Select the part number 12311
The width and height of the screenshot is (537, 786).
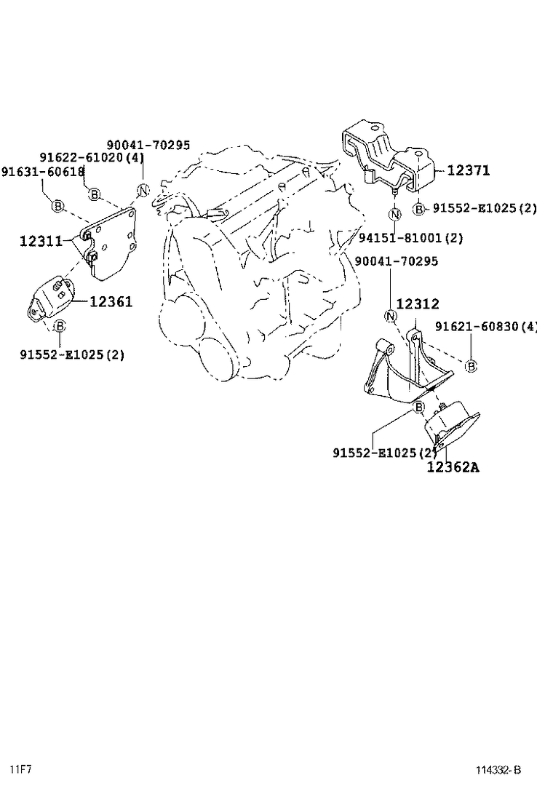[x=41, y=240]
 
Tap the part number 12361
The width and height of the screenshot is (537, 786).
[x=111, y=301]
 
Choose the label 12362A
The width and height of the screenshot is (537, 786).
[x=453, y=467]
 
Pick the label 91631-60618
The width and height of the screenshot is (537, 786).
[x=42, y=171]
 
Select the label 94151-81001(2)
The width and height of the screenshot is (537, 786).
[x=411, y=237]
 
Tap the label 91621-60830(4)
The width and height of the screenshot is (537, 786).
[x=486, y=327]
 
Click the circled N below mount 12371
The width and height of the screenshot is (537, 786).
[x=394, y=215]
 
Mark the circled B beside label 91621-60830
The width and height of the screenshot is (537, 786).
[x=471, y=366]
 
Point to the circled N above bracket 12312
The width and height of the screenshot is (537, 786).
[x=391, y=316]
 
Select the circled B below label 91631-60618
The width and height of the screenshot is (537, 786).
[x=57, y=207]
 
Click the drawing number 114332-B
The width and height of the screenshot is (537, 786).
[x=498, y=770]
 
